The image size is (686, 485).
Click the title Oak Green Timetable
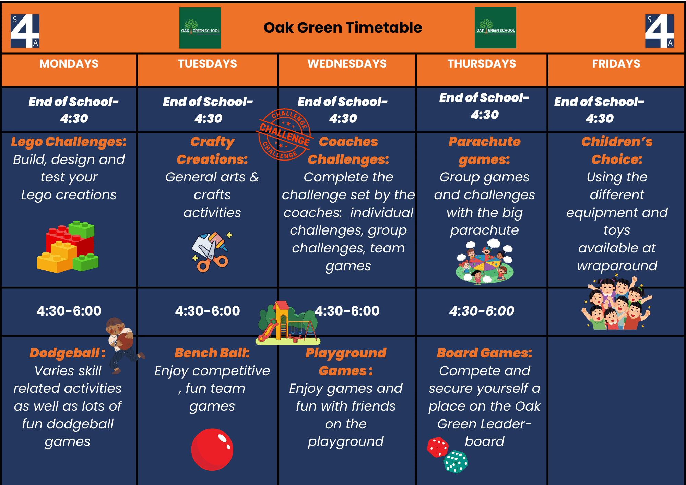pos(343,27)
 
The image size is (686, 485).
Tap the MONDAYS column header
pos(69,64)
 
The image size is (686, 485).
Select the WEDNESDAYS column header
pos(347,64)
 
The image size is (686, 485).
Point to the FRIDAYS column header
pos(616,64)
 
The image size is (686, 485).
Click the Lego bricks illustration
pos(68,247)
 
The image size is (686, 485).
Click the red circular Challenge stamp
pos(284,134)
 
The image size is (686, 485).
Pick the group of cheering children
pos(616,303)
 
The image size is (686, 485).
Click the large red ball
pos(212,449)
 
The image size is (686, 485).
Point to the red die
pos(438,447)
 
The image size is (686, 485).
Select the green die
pos(456,462)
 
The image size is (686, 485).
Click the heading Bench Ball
pos(212,353)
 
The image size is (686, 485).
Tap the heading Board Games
pos(484,353)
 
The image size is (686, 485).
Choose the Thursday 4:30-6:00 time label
pos(482,311)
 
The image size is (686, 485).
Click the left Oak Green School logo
pos(200,28)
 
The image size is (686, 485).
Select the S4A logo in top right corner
pos(659,31)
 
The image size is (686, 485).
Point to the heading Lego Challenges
pos(69,142)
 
